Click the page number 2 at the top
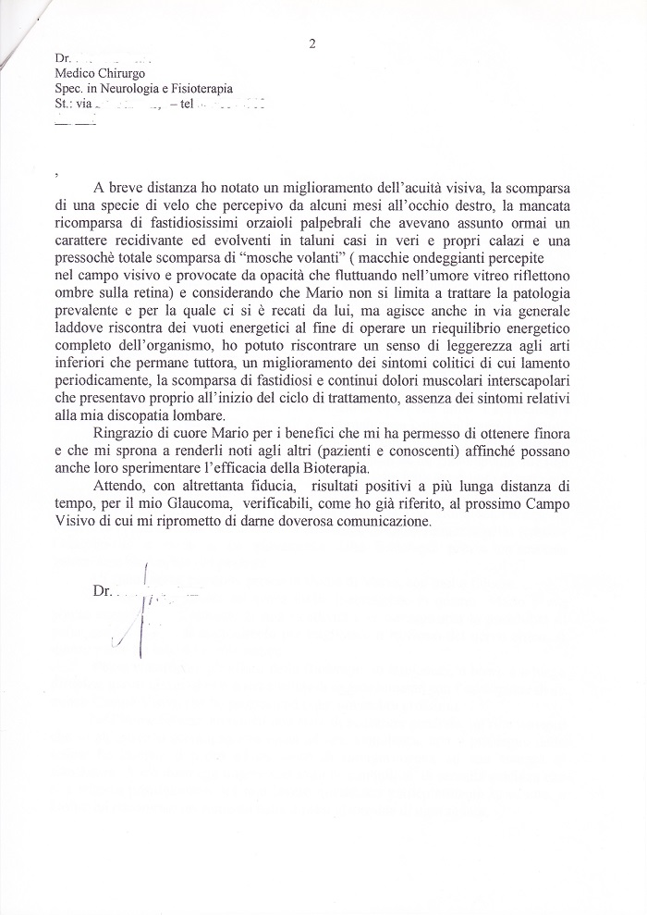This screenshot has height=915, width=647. click(313, 43)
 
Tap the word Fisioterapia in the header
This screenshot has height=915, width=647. click(201, 90)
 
